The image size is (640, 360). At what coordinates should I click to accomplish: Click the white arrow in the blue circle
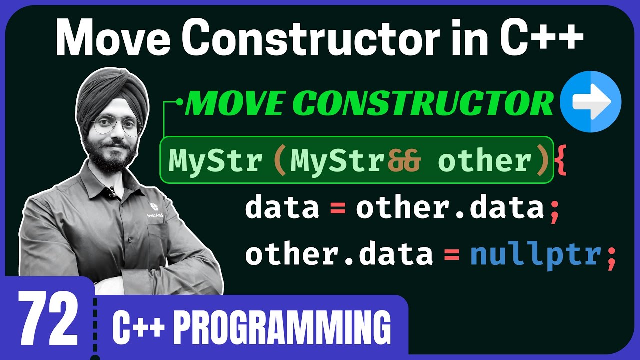tap(592, 102)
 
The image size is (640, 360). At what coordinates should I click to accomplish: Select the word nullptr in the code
tap(535, 255)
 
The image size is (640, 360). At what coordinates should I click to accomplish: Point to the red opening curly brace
tap(561, 161)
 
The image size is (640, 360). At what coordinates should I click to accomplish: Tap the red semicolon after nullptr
tap(610, 256)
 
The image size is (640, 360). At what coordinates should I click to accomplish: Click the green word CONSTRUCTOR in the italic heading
tap(427, 103)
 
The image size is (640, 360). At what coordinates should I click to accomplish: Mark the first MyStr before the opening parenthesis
tap(215, 161)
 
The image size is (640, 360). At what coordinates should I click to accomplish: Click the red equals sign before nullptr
tap(451, 255)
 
